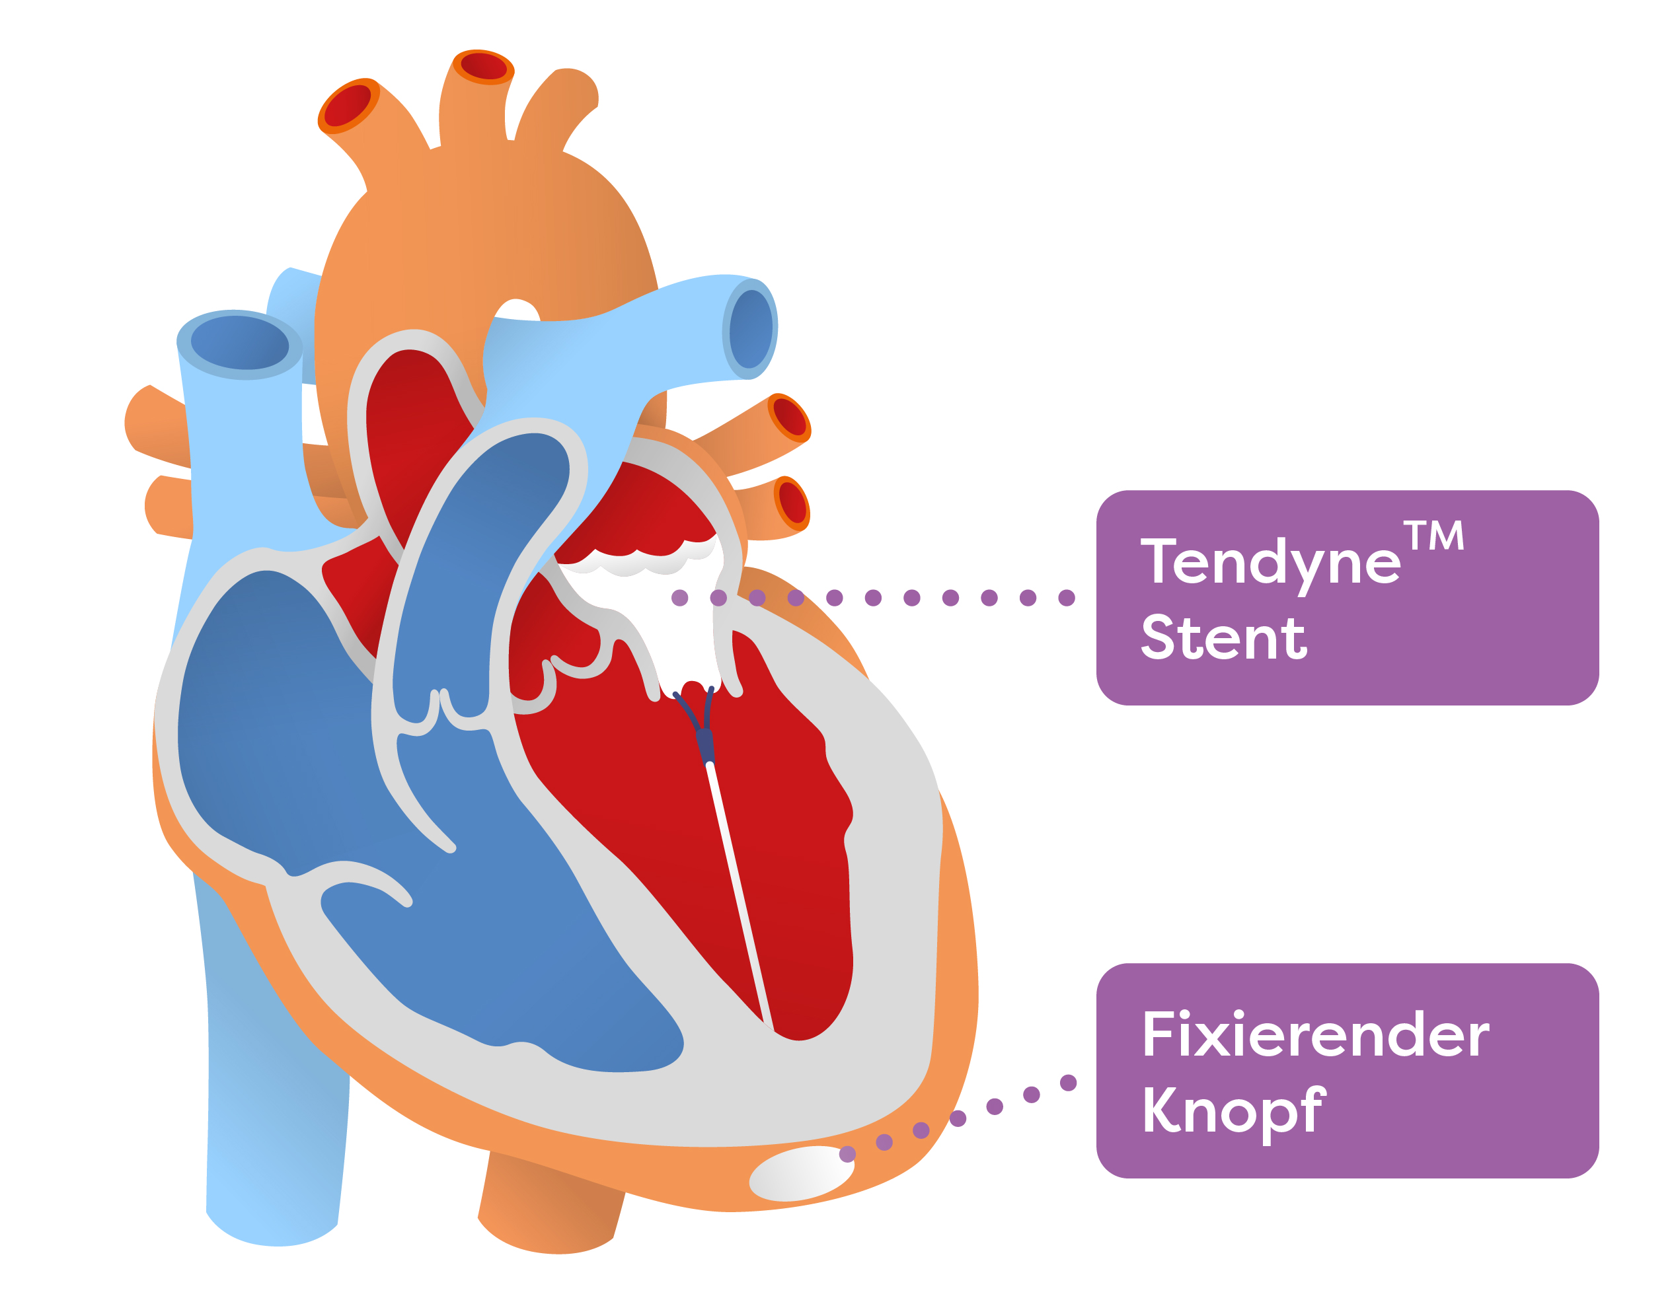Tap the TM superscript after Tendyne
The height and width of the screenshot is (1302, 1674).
tap(1433, 536)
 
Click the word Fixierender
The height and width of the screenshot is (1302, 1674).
tap(1315, 1035)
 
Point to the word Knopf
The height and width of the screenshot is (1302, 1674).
tap(1233, 1112)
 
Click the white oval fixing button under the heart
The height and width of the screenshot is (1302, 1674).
tap(802, 1173)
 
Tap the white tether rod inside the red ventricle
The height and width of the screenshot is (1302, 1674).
tap(740, 896)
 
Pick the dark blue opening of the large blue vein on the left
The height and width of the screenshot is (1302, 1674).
tap(239, 343)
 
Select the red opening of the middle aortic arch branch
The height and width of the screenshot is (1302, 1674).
tap(484, 66)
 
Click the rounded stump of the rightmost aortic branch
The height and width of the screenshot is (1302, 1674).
tap(576, 86)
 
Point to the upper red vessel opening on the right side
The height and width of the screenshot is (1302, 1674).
tap(790, 417)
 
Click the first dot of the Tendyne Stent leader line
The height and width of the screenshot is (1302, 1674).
tap(679, 598)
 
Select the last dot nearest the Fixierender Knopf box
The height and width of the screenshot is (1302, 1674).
tap(1068, 1083)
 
